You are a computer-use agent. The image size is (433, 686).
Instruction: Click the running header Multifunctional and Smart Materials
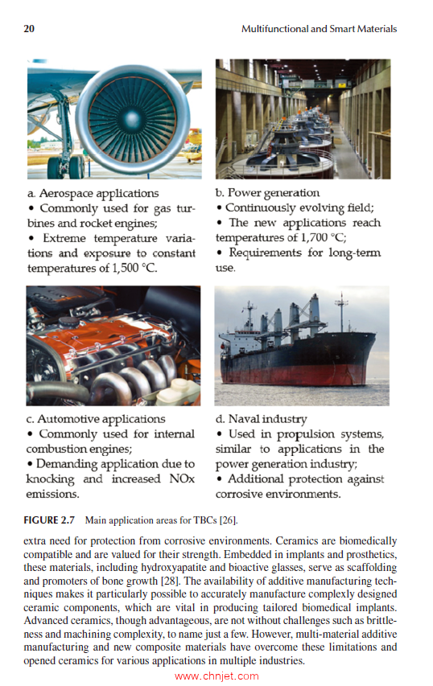point(319,29)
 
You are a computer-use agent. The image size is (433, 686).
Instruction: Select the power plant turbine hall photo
point(303,119)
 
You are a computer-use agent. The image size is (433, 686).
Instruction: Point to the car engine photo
point(113,345)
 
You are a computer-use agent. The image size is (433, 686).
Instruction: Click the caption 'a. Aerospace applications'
point(93,193)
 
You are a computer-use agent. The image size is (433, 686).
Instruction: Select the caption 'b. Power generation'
point(267,193)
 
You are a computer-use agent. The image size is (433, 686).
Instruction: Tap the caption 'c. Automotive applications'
point(96,419)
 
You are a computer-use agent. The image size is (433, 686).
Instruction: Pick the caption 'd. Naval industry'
point(261,419)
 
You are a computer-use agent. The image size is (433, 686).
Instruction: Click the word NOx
point(178,479)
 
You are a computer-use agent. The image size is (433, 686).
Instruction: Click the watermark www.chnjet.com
point(216,676)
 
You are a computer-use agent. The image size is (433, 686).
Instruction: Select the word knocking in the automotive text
point(50,479)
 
